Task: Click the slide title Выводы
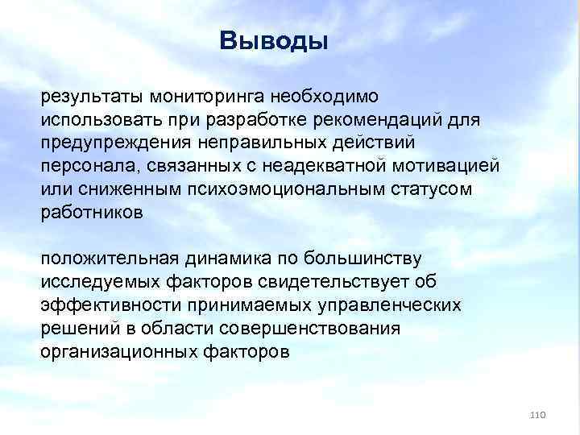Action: (274, 41)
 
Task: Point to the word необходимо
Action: (322, 96)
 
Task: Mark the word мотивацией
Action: (451, 166)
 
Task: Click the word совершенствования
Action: (309, 329)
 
